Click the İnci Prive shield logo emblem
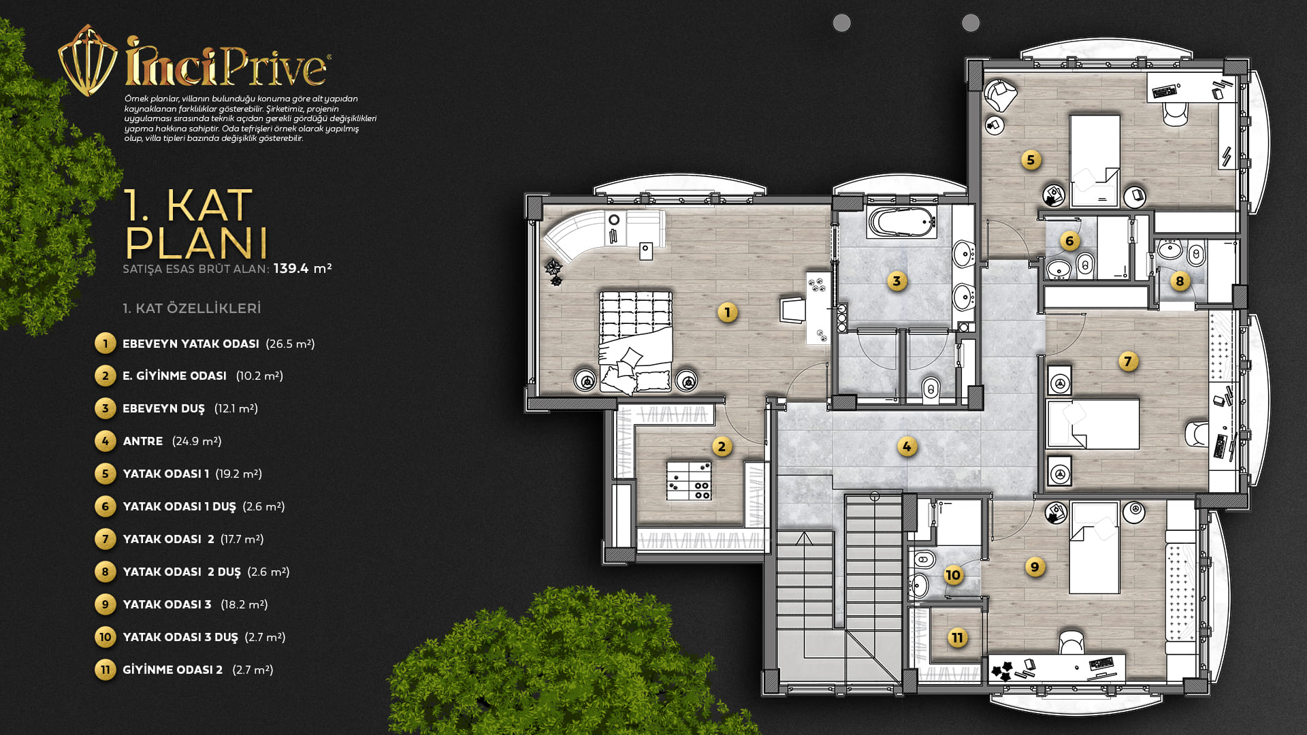coord(87,61)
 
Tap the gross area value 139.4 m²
coord(302,268)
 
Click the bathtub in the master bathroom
coord(900,222)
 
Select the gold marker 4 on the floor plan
coord(907,447)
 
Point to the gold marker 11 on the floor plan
coord(958,638)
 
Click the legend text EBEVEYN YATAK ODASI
coord(191,344)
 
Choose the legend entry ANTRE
coord(143,441)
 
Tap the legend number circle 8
coord(105,572)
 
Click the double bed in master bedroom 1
coord(636,342)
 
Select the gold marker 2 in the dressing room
coord(722,447)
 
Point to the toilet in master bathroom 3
coord(931,390)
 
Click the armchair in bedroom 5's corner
coord(999,94)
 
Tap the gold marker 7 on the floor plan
coord(1128,361)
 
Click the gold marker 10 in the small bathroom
coord(953,575)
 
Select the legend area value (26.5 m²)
coord(290,344)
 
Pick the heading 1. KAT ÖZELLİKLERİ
coord(192,308)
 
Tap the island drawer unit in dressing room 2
coord(689,480)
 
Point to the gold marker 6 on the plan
coord(1069,241)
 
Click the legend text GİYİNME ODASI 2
coord(172,670)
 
